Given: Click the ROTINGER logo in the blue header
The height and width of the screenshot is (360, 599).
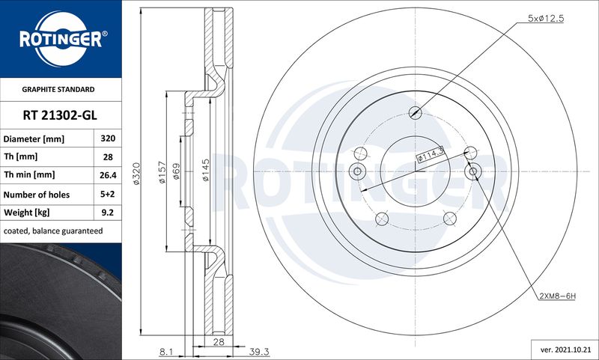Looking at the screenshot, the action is [61, 39].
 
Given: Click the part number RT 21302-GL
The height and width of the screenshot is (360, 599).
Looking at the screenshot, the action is [60, 115].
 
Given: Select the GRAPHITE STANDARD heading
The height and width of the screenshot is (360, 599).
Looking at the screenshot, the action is [58, 89].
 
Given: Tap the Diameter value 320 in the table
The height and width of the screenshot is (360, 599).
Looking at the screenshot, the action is [108, 138].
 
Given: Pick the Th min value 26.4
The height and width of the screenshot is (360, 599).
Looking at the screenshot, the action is [108, 175].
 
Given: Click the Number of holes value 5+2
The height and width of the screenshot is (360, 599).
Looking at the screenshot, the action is [108, 194].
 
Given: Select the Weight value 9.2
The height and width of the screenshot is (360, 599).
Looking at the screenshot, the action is [108, 213].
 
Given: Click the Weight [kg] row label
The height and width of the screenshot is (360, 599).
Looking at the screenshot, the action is [27, 213].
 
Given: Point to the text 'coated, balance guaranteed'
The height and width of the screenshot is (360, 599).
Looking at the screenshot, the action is [53, 231].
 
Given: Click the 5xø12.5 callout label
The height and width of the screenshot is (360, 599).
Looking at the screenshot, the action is [546, 18].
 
